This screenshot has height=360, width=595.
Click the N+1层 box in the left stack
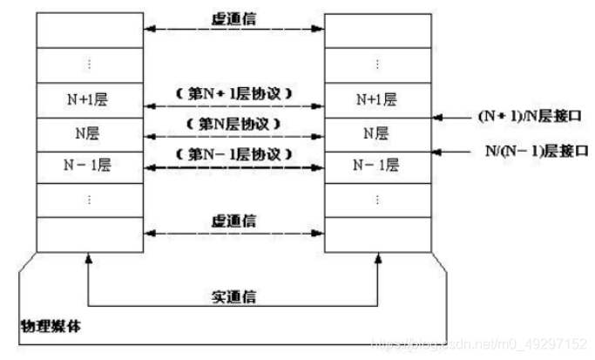(x=86, y=99)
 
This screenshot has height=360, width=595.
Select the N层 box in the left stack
(x=86, y=132)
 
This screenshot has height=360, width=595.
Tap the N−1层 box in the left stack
(x=86, y=165)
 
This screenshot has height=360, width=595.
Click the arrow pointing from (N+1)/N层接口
(x=453, y=115)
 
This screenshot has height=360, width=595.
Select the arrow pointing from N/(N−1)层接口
(x=453, y=150)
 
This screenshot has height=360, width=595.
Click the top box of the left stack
(x=86, y=30)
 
